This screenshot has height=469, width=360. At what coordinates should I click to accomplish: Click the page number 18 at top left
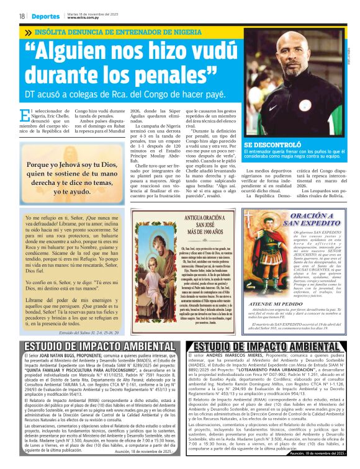tap(22, 16)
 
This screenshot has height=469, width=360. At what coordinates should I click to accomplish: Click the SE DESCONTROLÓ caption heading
tap(276, 144)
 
